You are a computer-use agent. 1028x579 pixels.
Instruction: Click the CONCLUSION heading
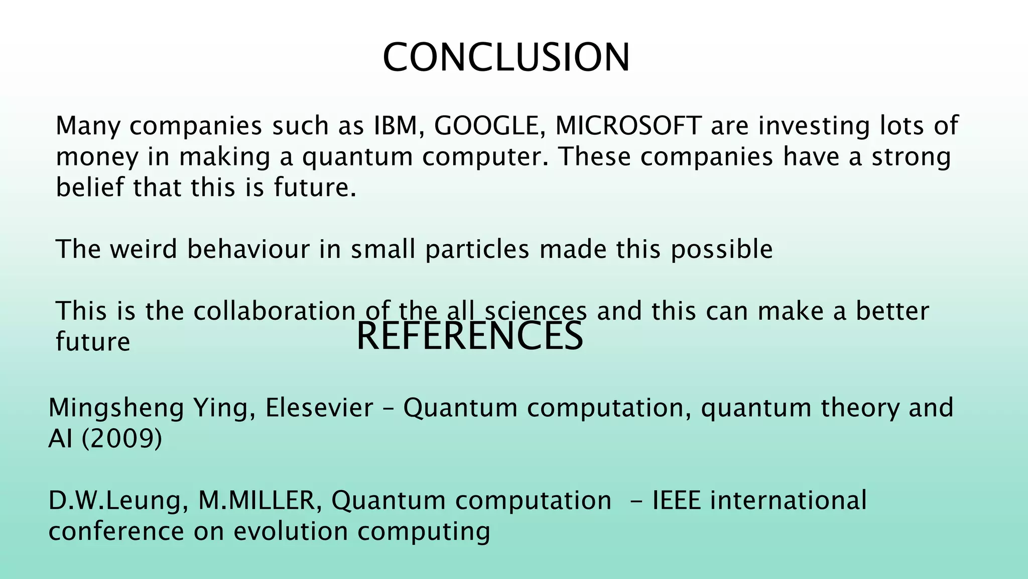tap(506, 58)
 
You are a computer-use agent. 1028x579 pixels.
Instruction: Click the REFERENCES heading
tap(469, 336)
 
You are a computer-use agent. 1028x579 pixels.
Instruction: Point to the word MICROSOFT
tap(628, 126)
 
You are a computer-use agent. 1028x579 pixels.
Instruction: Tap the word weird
tap(144, 249)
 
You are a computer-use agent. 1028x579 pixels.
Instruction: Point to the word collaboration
tap(275, 311)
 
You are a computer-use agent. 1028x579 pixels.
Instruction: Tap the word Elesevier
tap(319, 408)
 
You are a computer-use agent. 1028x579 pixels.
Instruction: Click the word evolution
tap(291, 532)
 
